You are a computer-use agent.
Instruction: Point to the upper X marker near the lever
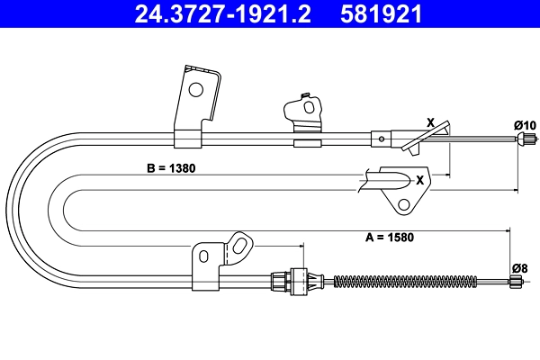tap(430, 122)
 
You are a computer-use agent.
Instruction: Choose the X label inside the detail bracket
tap(418, 179)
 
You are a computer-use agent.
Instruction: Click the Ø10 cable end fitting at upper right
tap(523, 139)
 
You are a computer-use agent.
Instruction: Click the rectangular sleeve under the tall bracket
tap(187, 139)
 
